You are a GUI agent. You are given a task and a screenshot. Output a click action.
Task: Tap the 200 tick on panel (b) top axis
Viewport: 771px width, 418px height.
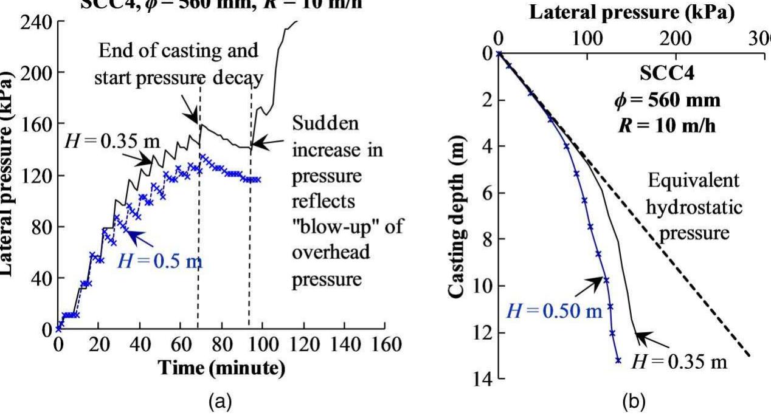pos(676,39)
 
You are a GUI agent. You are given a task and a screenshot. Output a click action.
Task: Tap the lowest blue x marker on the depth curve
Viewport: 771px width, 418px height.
pos(618,360)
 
